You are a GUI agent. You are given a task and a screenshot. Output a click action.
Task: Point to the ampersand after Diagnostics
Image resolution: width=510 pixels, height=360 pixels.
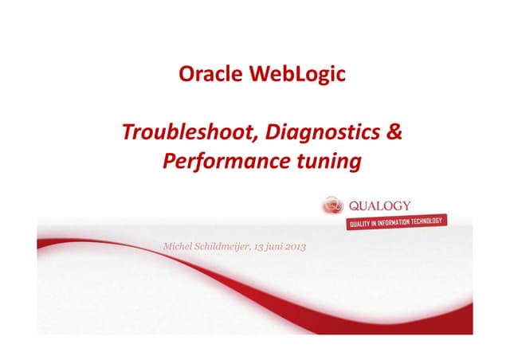pos(394,131)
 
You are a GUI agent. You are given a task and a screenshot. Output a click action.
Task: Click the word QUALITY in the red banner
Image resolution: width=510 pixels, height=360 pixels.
pos(363,224)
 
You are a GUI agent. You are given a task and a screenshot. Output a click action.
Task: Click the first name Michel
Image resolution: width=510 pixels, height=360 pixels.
pos(178,248)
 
